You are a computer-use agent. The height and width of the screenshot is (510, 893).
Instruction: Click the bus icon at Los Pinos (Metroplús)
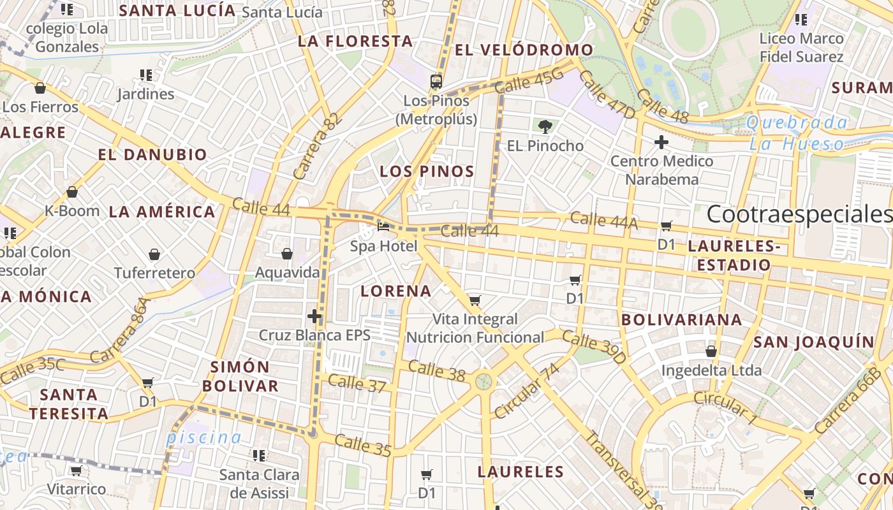pos(436,81)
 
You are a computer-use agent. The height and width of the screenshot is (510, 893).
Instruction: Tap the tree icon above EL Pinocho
pos(545,126)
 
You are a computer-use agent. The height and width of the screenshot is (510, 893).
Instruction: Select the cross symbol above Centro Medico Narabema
pos(661,142)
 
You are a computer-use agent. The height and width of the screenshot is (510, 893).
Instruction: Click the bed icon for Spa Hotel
pos(383,226)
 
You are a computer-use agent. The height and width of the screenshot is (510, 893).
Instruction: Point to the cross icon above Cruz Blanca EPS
pos(314,316)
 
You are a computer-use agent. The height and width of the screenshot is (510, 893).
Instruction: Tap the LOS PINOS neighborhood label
pos(427,171)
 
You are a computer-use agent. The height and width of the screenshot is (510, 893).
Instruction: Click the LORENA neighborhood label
pos(396,291)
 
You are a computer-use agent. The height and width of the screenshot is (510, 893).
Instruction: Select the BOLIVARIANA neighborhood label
pos(681,319)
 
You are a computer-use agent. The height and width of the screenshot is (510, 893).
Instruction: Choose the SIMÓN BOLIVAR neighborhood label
pos(245,376)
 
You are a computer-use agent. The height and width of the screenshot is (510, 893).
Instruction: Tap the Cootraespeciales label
pos(799,215)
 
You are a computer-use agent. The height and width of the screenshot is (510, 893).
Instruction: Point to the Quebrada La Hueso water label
pos(797,133)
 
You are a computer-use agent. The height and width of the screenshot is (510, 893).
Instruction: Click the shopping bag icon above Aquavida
pos(287,254)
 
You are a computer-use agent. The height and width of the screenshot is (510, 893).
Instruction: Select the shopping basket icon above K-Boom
pos(72,192)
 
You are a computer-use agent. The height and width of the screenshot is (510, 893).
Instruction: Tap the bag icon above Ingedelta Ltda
pos(711,351)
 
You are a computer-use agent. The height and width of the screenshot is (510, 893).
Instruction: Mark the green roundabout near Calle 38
pos(484,382)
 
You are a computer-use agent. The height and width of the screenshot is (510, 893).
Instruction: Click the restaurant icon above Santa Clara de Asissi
pos(259,455)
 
